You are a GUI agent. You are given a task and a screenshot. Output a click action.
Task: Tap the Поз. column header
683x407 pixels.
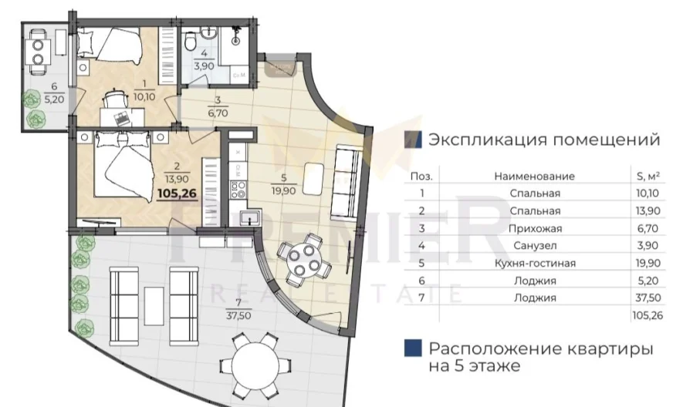(x=421, y=176)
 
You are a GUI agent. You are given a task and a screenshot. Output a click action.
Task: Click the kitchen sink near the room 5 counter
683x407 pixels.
(x=247, y=217)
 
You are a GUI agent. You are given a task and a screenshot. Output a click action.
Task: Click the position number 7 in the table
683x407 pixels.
(x=421, y=298)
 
